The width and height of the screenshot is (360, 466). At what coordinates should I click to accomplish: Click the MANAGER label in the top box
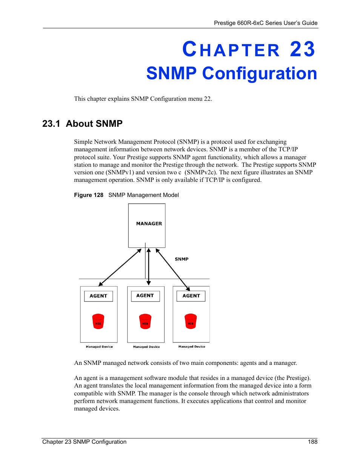(x=149, y=223)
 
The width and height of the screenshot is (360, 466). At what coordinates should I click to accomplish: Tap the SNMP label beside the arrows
(x=182, y=259)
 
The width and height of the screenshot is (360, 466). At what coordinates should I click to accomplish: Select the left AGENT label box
(x=98, y=296)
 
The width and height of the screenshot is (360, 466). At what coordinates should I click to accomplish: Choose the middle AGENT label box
(x=145, y=296)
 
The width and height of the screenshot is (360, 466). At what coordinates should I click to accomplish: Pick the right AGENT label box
(x=191, y=296)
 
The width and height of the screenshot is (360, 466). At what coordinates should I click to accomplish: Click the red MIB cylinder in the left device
(x=98, y=321)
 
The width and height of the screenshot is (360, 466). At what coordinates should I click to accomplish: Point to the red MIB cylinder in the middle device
(x=145, y=321)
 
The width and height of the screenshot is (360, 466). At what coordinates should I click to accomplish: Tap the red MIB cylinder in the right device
(x=191, y=321)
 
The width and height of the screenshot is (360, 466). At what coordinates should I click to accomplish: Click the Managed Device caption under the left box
(x=99, y=347)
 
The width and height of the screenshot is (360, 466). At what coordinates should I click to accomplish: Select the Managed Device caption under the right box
(x=192, y=346)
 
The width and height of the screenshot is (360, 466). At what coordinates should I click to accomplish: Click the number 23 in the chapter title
(x=302, y=50)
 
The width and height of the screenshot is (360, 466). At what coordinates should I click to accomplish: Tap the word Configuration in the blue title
(x=260, y=74)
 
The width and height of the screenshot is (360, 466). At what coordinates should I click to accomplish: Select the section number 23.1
(x=51, y=124)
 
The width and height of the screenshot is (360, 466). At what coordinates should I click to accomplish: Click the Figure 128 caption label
(x=89, y=195)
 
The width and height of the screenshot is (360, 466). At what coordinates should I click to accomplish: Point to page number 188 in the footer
(x=312, y=442)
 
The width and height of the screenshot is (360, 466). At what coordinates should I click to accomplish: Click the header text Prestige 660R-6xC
(x=239, y=23)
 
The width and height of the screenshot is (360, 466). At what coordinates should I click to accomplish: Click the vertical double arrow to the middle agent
(x=149, y=267)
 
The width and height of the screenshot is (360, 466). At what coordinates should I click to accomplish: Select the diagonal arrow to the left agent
(x=120, y=268)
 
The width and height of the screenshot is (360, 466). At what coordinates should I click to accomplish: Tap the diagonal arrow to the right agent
(x=173, y=269)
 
